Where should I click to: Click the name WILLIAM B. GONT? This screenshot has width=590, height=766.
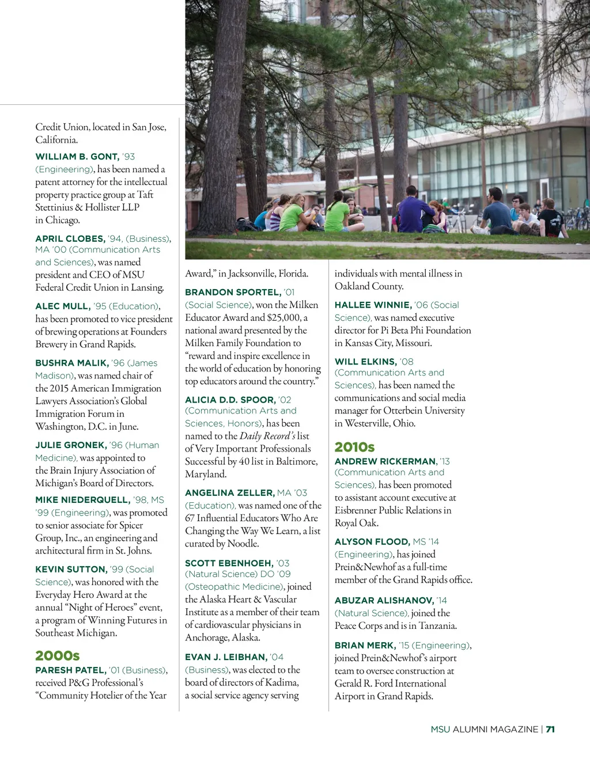pyautogui.click(x=77, y=157)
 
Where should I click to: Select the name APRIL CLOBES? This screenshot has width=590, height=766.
pyautogui.click(x=70, y=238)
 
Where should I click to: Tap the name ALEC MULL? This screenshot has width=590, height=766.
pyautogui.click(x=63, y=306)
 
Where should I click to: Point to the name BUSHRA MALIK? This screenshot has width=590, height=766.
pyautogui.click(x=71, y=363)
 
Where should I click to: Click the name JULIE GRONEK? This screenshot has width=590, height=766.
pyautogui.click(x=71, y=445)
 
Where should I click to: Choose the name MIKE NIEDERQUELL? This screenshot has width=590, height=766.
pyautogui.click(x=82, y=500)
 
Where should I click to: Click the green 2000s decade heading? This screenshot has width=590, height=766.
pyautogui.click(x=58, y=655)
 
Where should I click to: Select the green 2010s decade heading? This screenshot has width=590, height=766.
pyautogui.click(x=354, y=447)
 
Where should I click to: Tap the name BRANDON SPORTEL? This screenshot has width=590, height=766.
pyautogui.click(x=233, y=293)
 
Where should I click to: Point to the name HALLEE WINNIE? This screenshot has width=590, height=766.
pyautogui.click(x=373, y=305)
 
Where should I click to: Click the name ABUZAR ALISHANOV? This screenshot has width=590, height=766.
pyautogui.click(x=384, y=601)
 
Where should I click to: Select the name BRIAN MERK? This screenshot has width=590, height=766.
pyautogui.click(x=365, y=646)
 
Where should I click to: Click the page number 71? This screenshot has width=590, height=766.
pyautogui.click(x=550, y=729)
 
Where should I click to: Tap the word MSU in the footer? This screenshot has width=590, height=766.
pyautogui.click(x=440, y=729)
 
